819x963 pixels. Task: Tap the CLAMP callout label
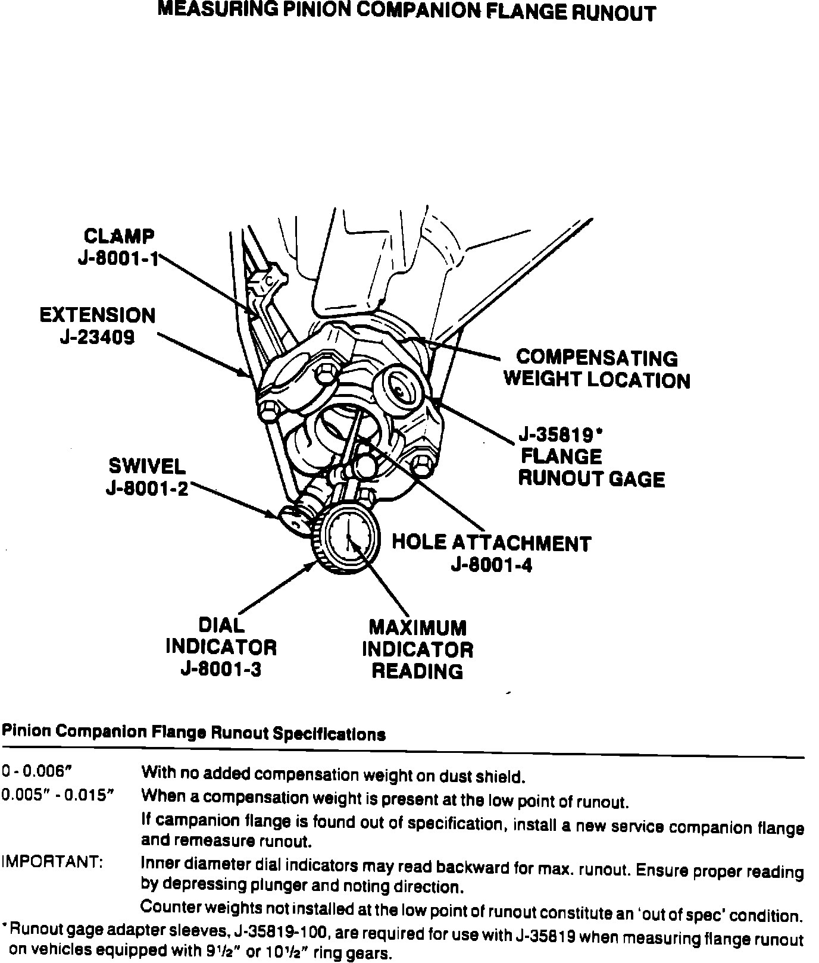click(119, 236)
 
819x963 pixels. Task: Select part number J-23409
click(97, 337)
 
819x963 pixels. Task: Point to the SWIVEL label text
click(147, 465)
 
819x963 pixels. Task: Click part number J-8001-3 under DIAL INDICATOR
click(221, 670)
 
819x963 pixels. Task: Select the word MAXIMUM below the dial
click(417, 628)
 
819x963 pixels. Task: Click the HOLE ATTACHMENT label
click(491, 543)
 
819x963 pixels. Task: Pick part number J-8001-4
click(492, 565)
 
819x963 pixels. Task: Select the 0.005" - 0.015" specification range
click(57, 795)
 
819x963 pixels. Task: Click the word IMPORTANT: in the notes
click(52, 861)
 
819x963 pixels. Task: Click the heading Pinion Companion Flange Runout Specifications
click(194, 733)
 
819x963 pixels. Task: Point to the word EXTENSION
click(98, 315)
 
